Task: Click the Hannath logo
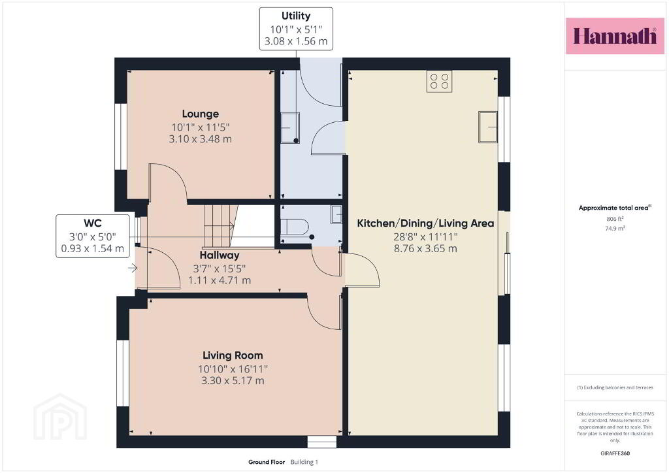point(615,36)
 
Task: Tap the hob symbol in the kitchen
point(439,81)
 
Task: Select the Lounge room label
point(200,114)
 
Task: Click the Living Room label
point(233,355)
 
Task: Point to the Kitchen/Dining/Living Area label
point(425,223)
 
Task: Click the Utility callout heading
point(296,16)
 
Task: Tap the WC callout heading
point(93,223)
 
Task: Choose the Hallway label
point(220,255)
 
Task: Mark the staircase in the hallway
point(220,226)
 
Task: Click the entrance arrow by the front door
point(133,269)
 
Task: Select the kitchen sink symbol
point(487,127)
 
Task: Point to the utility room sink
point(290,127)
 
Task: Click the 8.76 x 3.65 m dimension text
point(425,248)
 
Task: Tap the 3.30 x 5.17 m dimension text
point(233,380)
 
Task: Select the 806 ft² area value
point(615,219)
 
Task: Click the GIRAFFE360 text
point(615,453)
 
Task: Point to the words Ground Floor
point(267,462)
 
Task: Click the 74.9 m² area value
point(615,228)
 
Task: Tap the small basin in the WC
point(336,214)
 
